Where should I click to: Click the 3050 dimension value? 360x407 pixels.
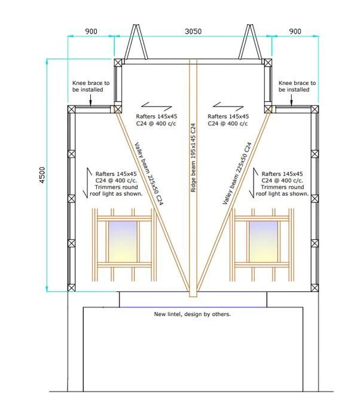(193, 31)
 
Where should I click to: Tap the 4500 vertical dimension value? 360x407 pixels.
(42, 175)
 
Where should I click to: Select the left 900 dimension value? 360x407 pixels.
(91, 31)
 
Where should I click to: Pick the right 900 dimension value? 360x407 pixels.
(295, 31)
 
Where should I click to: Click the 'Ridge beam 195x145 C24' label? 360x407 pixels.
(193, 157)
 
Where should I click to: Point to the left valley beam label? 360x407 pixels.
(149, 174)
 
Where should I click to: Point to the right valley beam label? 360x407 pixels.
(237, 173)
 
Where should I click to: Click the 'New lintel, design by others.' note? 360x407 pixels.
(192, 314)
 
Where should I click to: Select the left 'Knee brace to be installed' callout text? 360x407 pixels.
(91, 86)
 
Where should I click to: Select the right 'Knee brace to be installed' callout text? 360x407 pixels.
(297, 86)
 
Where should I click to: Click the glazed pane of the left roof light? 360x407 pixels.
(123, 242)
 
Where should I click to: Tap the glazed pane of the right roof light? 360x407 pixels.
(264, 242)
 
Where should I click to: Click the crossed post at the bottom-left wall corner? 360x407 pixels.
(71, 288)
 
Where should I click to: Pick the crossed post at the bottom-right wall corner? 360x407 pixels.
(315, 288)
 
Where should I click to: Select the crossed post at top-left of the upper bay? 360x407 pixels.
(118, 63)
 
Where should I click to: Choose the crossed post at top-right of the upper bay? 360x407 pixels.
(268, 63)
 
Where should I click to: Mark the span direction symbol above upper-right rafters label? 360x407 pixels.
(228, 107)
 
